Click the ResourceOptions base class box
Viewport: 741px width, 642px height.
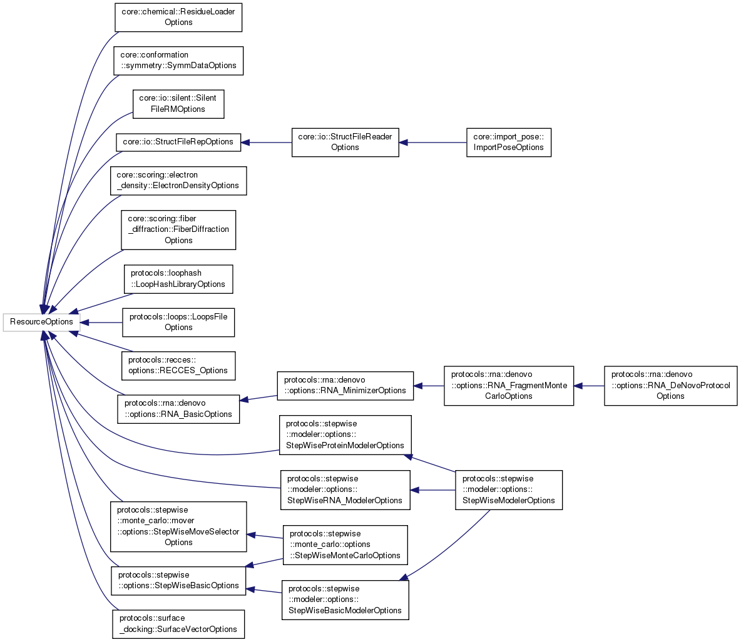(41, 322)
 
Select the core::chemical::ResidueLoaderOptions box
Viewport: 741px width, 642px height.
(178, 17)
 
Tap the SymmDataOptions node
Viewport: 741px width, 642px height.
(178, 60)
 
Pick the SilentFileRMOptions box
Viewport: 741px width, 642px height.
(178, 104)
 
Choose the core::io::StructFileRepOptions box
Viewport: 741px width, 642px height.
(178, 142)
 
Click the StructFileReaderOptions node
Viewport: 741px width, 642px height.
(345, 142)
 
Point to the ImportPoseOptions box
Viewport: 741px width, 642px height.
(508, 142)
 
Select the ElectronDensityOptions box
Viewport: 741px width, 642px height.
(178, 180)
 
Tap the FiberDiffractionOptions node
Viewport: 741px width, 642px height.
(178, 229)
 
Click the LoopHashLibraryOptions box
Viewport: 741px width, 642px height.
(178, 279)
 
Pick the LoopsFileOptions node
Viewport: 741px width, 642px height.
(178, 322)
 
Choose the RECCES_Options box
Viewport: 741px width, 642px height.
(178, 365)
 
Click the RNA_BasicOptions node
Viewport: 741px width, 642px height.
(178, 408)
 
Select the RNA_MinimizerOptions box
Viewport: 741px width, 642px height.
(345, 385)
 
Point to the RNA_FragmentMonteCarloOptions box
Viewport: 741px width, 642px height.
(508, 385)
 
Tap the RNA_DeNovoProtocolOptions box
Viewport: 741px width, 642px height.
(670, 385)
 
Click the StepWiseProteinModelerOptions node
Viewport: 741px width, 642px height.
(345, 434)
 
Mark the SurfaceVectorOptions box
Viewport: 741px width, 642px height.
(178, 624)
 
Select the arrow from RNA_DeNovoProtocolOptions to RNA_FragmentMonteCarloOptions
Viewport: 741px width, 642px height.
(589, 386)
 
